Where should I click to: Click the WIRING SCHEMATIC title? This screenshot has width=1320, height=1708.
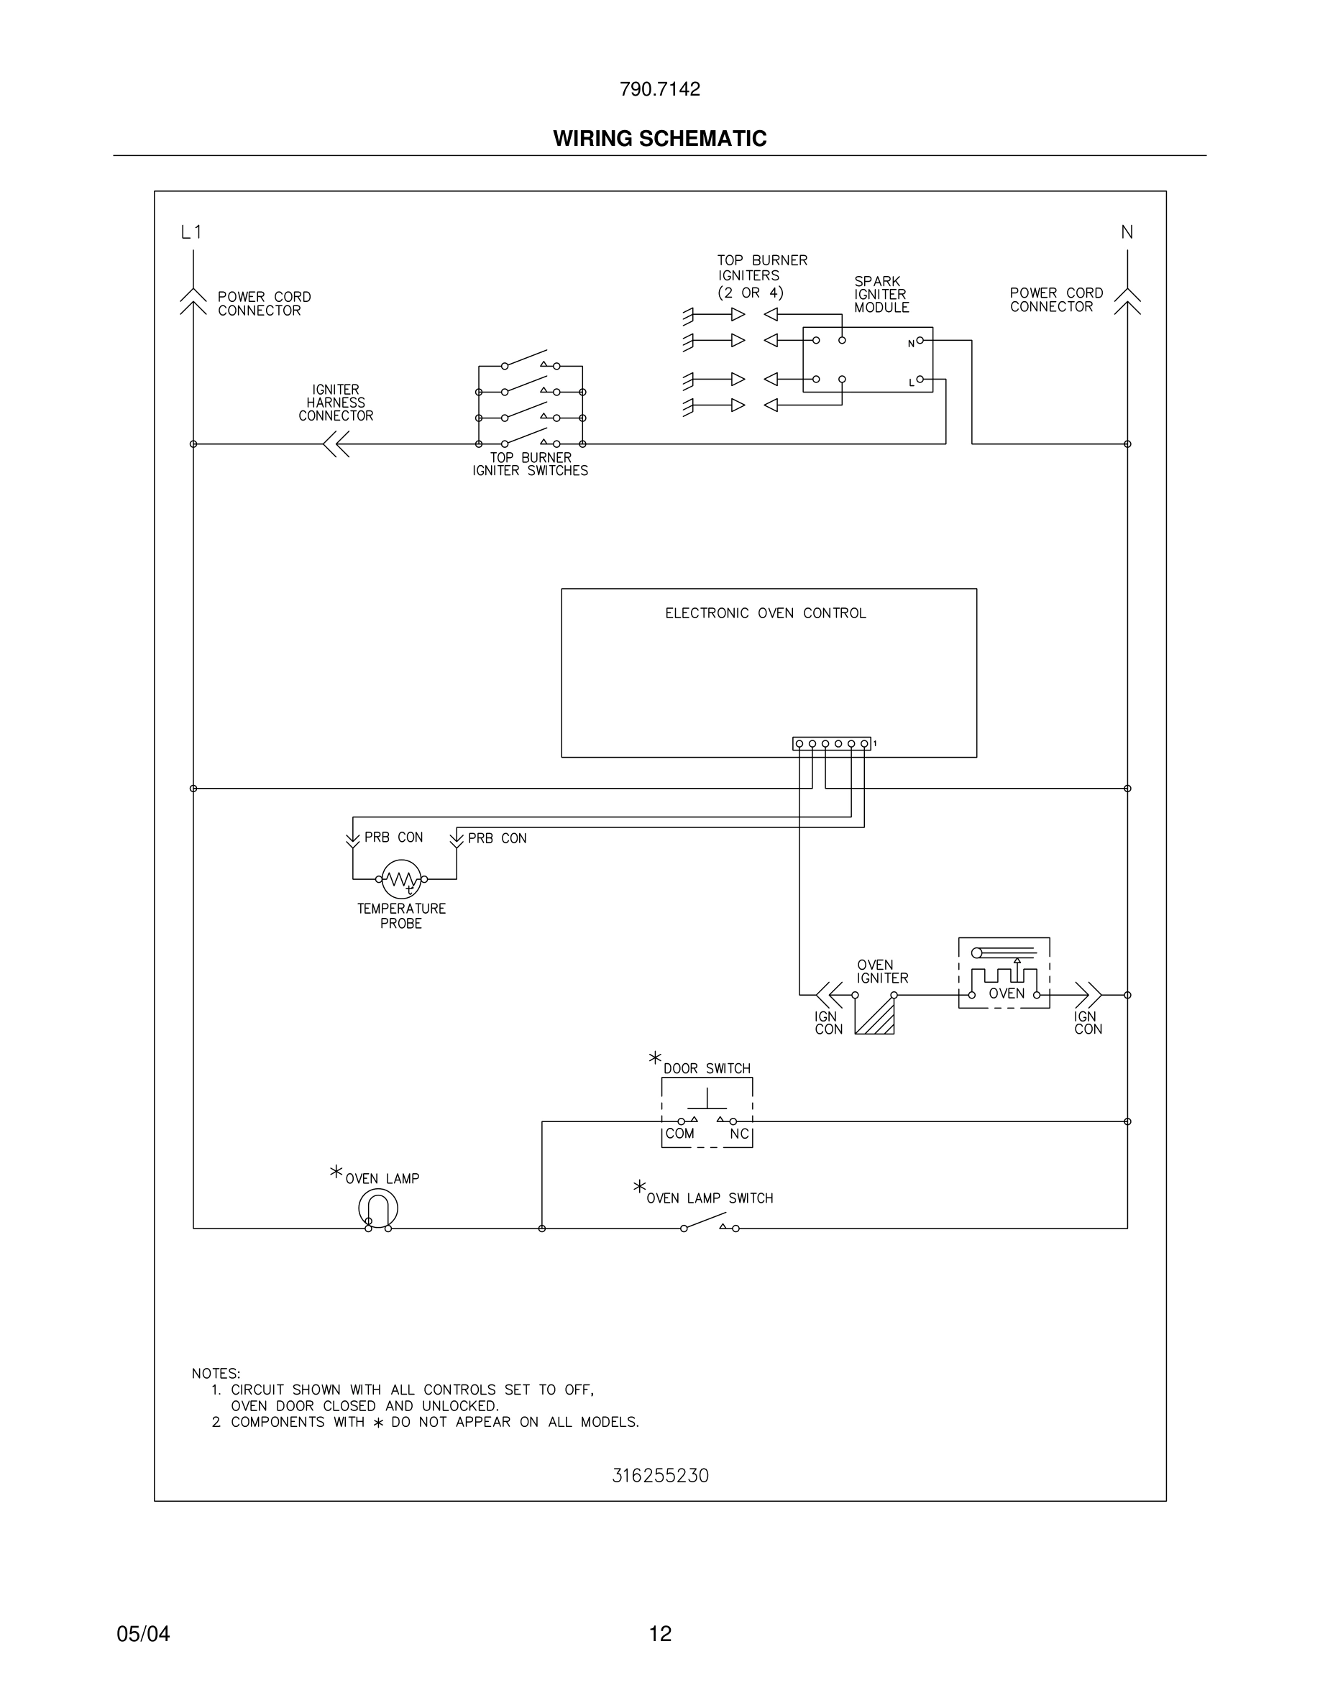pos(659,139)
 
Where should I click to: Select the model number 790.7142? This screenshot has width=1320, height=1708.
pos(659,89)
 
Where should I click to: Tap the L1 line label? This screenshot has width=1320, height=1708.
pos(191,232)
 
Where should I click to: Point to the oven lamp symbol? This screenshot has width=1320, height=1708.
pos(378,1208)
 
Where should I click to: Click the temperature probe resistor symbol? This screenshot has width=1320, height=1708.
pos(401,880)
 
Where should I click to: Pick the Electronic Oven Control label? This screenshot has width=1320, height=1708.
pos(766,613)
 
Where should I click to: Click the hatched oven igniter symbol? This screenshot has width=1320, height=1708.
pos(875,1016)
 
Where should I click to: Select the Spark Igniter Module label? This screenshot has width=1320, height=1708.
pos(881,294)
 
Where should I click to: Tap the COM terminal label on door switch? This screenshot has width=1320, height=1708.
pos(679,1133)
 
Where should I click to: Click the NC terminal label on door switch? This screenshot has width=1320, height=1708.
pos(739,1133)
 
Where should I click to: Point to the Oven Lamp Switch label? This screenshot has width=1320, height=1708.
pos(710,1198)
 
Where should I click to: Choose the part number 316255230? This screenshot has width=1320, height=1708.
pos(660,1476)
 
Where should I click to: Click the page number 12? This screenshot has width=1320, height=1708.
pos(660,1633)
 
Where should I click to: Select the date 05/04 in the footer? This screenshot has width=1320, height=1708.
pos(143,1633)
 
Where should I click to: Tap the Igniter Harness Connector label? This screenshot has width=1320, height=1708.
pos(336,403)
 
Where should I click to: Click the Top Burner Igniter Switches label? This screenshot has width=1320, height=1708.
pos(530,464)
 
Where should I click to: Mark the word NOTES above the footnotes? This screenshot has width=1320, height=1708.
pos(216,1373)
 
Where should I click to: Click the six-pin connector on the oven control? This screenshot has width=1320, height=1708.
pos(831,743)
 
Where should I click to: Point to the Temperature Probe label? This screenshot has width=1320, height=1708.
pos(401,916)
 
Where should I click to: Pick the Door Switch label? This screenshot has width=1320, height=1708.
pos(706,1068)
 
